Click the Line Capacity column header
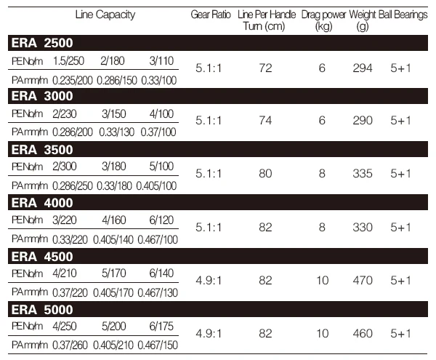pyautogui.click(x=105, y=15)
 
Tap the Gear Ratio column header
pyautogui.click(x=211, y=15)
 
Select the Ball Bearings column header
pyautogui.click(x=403, y=15)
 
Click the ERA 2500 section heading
pyautogui.click(x=42, y=43)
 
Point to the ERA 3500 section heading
pyautogui.click(x=42, y=150)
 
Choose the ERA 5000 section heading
pyautogui.click(x=42, y=310)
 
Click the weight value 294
pyautogui.click(x=363, y=68)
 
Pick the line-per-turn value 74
pyautogui.click(x=265, y=121)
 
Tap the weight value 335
pyautogui.click(x=363, y=174)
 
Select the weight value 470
pyautogui.click(x=363, y=281)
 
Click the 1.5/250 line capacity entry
pyautogui.click(x=68, y=61)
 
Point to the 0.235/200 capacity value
pyautogui.click(x=72, y=81)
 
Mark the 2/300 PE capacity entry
pyautogui.click(x=65, y=167)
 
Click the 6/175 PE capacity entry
pyautogui.click(x=161, y=326)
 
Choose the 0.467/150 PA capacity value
pyautogui.click(x=158, y=345)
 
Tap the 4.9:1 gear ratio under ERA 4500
pyautogui.click(x=209, y=281)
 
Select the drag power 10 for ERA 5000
pyautogui.click(x=322, y=334)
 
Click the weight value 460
pyautogui.click(x=363, y=334)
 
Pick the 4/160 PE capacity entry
pyautogui.click(x=114, y=220)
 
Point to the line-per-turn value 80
pyautogui.click(x=265, y=174)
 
